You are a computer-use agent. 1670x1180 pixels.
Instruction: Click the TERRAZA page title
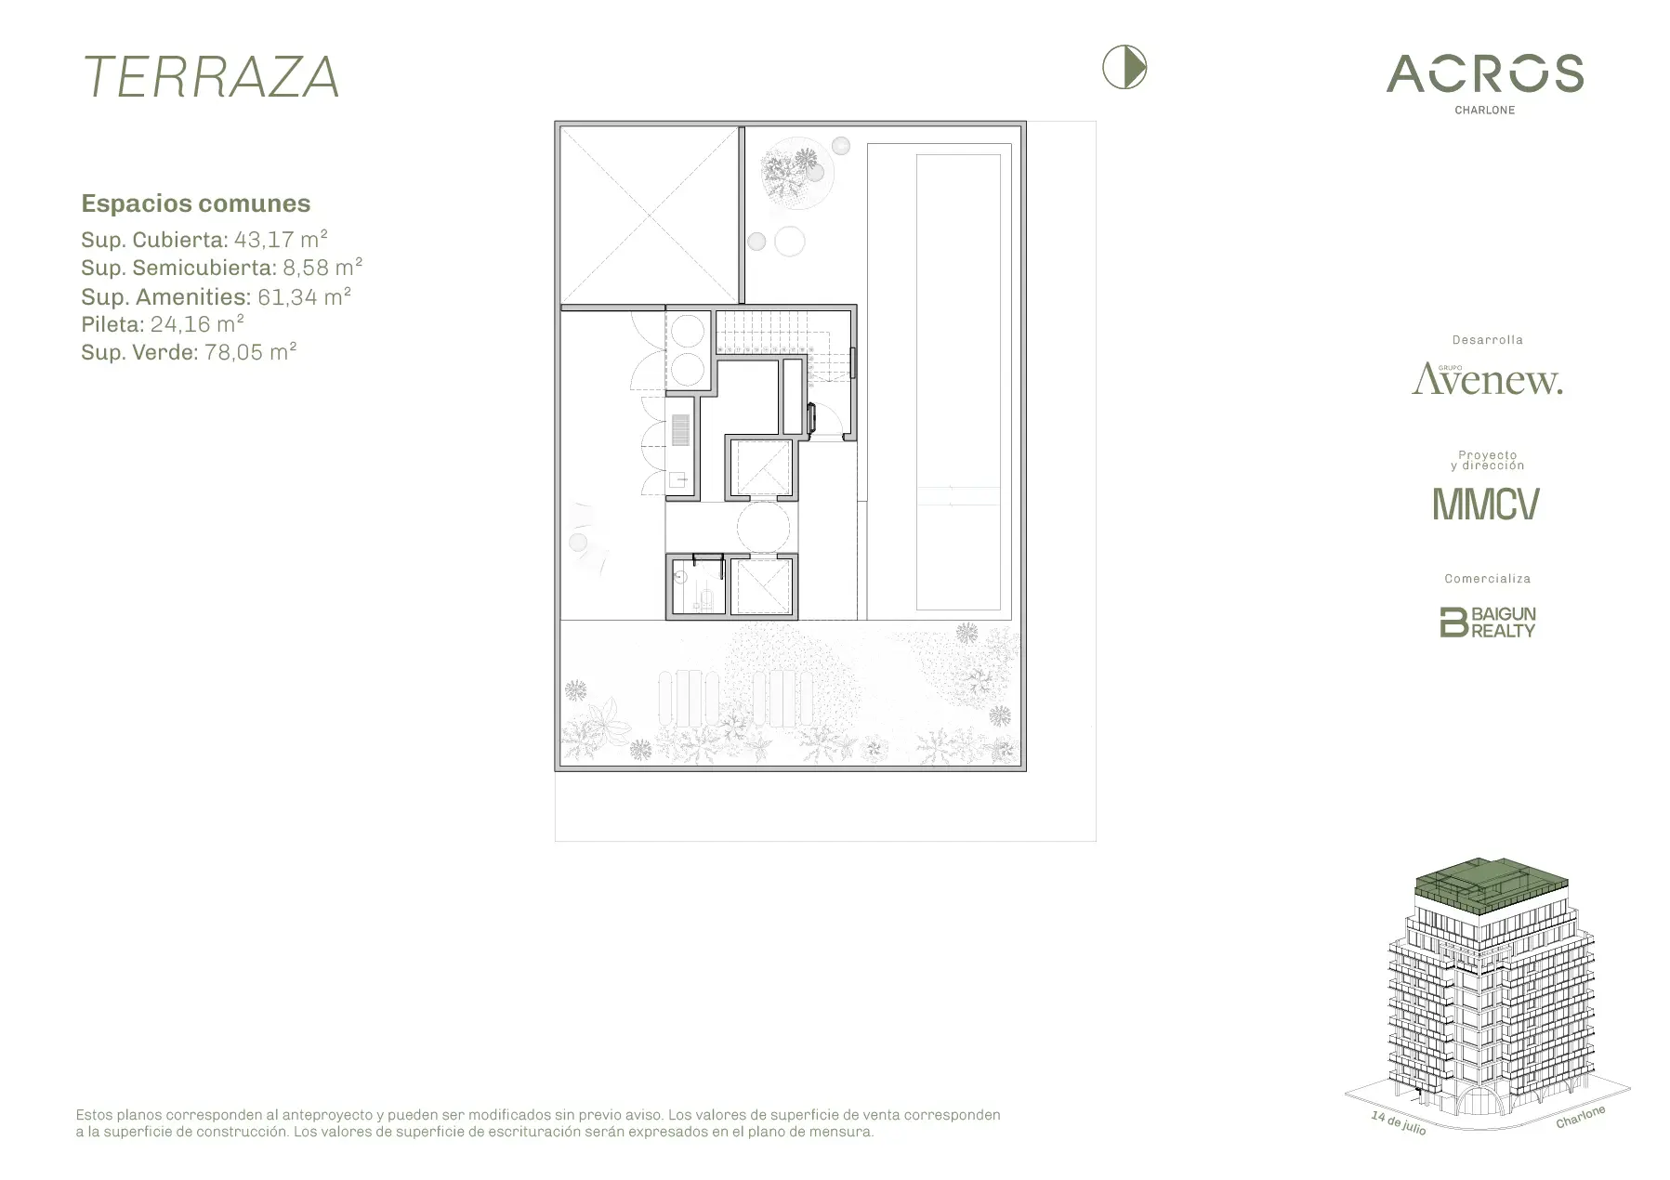point(212,77)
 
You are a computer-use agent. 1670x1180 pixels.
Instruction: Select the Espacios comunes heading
point(196,203)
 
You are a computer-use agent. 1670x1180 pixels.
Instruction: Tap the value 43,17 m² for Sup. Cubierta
point(281,240)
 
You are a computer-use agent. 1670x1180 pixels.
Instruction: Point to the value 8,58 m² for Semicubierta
point(322,268)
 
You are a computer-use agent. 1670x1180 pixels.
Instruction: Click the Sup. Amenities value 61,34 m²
point(304,296)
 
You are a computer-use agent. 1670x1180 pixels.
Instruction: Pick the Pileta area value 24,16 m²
point(197,324)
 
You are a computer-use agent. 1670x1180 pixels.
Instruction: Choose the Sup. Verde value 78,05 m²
point(251,352)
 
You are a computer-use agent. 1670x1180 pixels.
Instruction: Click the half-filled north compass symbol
point(1124,68)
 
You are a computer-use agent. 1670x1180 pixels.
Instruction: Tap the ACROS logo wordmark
point(1485,73)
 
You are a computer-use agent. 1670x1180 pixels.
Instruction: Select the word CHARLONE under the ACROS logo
point(1485,110)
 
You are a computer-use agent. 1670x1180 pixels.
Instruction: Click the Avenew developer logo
point(1487,379)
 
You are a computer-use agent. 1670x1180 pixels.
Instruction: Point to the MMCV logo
point(1486,504)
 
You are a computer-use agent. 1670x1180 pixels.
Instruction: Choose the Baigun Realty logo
point(1487,622)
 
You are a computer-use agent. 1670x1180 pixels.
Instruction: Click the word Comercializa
point(1487,579)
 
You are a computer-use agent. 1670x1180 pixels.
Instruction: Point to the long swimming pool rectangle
point(958,381)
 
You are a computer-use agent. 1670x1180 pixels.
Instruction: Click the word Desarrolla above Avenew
point(1487,340)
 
